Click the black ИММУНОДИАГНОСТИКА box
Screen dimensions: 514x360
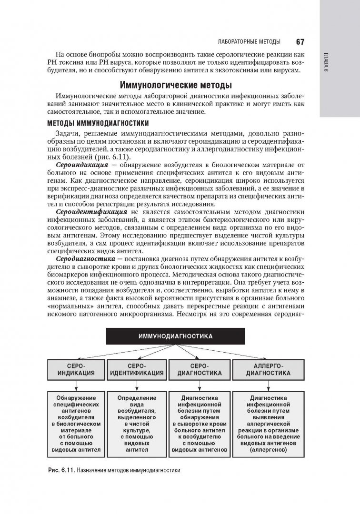tap(175, 336)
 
